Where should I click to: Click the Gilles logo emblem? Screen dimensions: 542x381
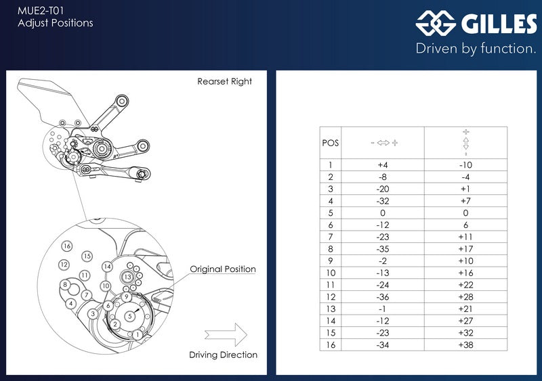[436, 23]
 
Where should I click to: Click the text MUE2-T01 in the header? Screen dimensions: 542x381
[41, 11]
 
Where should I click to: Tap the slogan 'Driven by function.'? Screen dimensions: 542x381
[476, 48]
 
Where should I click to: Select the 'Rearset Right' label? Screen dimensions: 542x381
[225, 81]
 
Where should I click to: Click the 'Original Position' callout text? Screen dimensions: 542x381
[223, 269]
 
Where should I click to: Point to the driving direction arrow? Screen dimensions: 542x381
[226, 334]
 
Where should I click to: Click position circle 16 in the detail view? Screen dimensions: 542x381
[67, 246]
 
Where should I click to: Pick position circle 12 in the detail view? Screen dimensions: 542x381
[64, 265]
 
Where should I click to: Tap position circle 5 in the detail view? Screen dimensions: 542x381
[130, 316]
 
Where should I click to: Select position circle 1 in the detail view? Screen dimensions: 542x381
[138, 334]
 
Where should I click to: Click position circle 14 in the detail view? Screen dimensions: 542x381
[108, 267]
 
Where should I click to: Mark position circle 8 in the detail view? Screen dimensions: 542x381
[65, 285]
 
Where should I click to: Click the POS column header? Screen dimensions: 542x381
[331, 143]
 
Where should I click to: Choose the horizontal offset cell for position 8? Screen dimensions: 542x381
[383, 249]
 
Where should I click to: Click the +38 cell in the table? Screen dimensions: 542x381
[465, 344]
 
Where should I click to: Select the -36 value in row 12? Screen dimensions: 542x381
[383, 297]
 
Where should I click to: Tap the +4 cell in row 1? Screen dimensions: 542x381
[383, 165]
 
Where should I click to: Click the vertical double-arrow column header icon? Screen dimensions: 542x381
[466, 143]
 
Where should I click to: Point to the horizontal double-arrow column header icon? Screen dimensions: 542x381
[383, 143]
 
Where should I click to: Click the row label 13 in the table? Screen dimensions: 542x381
[331, 309]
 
